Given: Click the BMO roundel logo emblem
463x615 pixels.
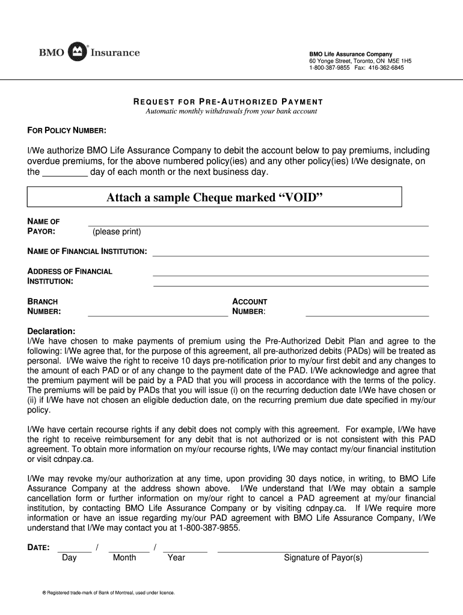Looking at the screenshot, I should click(x=78, y=52).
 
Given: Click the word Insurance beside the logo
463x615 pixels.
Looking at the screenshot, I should click(x=115, y=53).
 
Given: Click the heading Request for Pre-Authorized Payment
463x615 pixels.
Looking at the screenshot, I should click(x=228, y=102).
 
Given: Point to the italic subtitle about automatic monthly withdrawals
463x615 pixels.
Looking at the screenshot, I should click(x=231, y=111).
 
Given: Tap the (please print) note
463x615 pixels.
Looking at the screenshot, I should click(x=117, y=232).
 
